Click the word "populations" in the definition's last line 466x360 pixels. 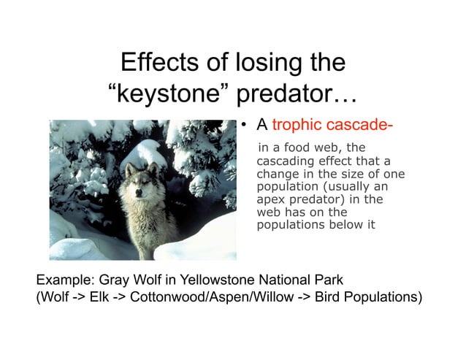click(x=290, y=225)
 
